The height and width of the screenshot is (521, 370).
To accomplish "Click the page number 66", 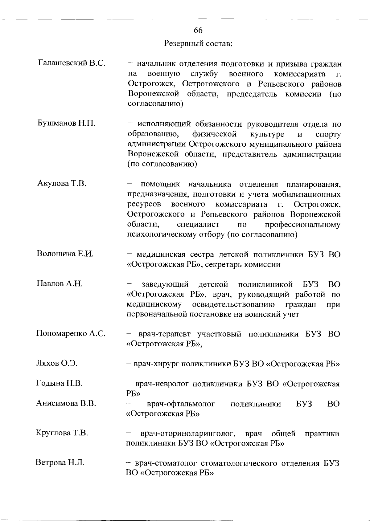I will [x=198, y=30].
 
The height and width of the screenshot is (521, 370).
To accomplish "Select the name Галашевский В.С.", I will [x=72, y=63].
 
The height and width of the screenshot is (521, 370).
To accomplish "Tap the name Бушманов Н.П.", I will [x=66, y=123].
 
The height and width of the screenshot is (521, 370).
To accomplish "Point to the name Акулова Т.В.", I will [x=62, y=183].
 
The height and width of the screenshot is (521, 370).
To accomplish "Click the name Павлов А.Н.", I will [x=60, y=283].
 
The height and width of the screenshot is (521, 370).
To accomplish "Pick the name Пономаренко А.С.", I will [x=71, y=333].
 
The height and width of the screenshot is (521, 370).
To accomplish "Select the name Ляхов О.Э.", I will [x=57, y=363].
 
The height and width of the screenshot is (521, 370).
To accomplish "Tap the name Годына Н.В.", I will [x=60, y=383].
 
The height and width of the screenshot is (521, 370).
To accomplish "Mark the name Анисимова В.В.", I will [x=66, y=403].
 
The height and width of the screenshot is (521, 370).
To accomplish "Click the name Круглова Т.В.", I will [x=62, y=433].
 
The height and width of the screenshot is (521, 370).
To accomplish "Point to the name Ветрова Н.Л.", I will [x=60, y=462].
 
